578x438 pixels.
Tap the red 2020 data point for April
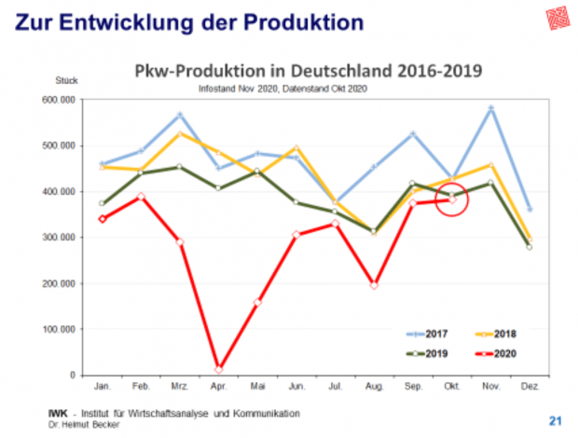click(x=219, y=370)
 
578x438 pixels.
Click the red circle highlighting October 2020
click(x=452, y=199)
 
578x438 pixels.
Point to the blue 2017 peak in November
click(x=490, y=109)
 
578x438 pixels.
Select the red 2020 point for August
click(x=374, y=285)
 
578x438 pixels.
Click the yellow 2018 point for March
click(x=180, y=133)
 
